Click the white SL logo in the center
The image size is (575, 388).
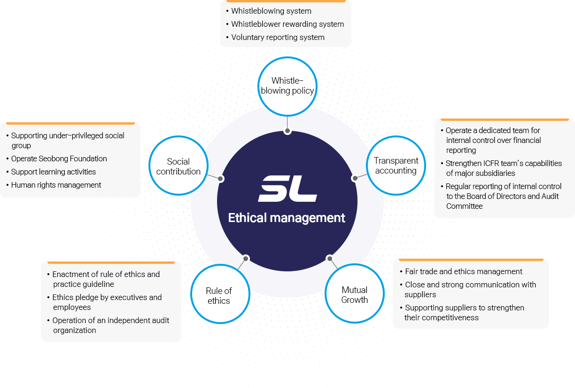(x=287, y=189)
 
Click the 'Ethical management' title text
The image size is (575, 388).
(x=287, y=218)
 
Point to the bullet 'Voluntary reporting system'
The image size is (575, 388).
(x=278, y=37)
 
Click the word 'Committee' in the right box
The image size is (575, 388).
(x=464, y=206)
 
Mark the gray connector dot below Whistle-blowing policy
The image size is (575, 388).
(x=287, y=131)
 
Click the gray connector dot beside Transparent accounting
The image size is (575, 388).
(x=355, y=178)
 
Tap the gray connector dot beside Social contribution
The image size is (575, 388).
(x=220, y=179)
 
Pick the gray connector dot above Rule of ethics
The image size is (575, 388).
(x=246, y=259)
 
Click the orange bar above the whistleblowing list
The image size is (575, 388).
(x=286, y=1)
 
